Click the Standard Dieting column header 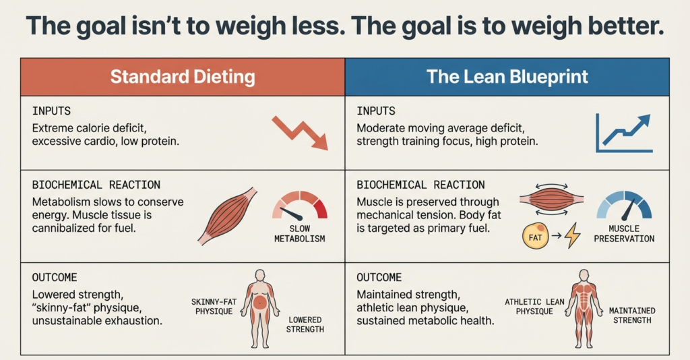[x=183, y=76]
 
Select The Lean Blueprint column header [x=507, y=76]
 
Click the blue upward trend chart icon [x=623, y=133]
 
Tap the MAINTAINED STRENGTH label [x=632, y=316]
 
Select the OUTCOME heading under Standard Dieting [x=54, y=278]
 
